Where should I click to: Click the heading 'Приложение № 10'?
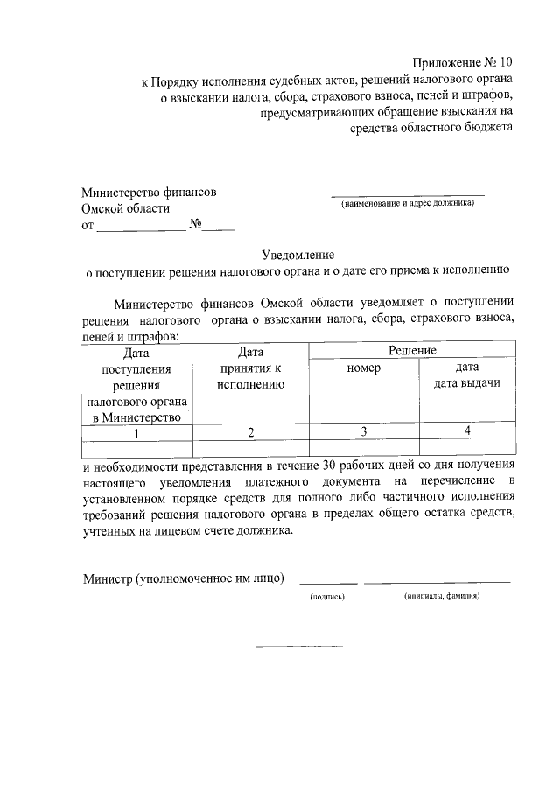(463, 63)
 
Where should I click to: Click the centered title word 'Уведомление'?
(298, 254)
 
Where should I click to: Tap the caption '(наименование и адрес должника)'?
(408, 203)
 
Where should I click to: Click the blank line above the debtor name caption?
(408, 193)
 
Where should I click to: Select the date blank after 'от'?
(141, 229)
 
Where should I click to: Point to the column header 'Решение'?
(412, 350)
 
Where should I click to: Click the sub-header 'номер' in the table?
(363, 368)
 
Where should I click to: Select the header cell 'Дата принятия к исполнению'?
(250, 368)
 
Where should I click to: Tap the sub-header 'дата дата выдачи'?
(467, 375)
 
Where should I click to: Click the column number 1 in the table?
(136, 432)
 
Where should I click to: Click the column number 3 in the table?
(363, 431)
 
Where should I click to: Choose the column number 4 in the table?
(467, 431)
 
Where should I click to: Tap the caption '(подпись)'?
(328, 596)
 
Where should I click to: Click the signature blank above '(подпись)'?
(328, 581)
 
